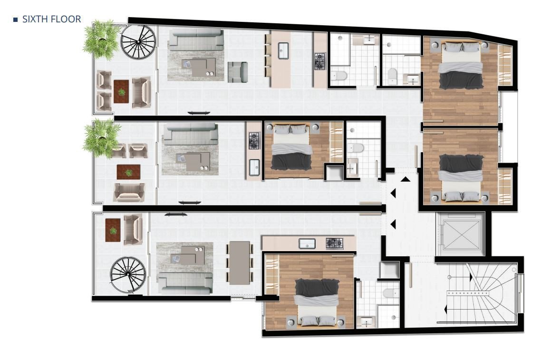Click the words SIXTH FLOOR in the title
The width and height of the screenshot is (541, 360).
coord(51,19)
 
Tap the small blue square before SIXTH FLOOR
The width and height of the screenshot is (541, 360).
coord(15,19)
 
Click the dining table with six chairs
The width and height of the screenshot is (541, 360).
coord(239,263)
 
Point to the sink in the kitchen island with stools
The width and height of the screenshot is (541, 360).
coord(284,50)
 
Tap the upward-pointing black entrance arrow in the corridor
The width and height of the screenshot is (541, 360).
coord(405,179)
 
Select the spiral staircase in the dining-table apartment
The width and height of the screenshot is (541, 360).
coord(128,275)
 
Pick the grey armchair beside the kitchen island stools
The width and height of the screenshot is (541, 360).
coord(237,72)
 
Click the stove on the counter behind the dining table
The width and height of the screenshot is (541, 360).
coord(334,243)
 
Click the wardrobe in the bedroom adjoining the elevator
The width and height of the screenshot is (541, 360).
coord(504,186)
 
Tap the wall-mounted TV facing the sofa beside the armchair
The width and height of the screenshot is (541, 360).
coord(198,113)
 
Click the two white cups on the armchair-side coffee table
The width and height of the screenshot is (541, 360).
coord(210,74)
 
